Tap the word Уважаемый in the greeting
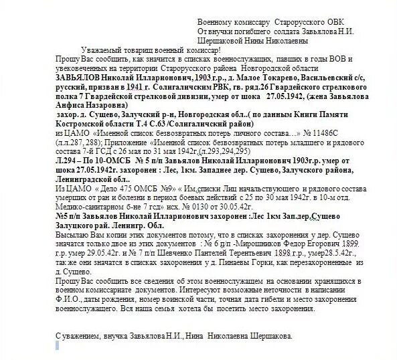pyautogui.click(x=102, y=51)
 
